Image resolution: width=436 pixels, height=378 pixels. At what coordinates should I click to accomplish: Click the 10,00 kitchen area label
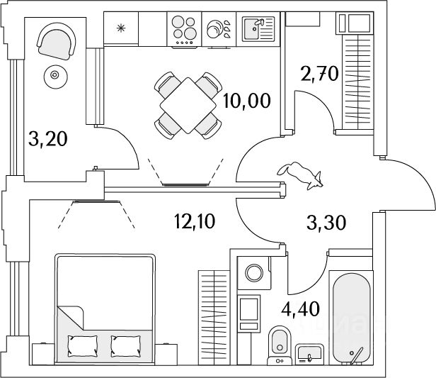(246, 101)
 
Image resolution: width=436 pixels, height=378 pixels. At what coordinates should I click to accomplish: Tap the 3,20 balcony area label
(48, 139)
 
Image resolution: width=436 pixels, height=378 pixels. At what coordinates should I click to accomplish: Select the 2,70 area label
(319, 74)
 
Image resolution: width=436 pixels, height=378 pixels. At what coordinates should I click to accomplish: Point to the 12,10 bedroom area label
(195, 221)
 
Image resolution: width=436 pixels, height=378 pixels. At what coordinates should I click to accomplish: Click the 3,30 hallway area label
(326, 223)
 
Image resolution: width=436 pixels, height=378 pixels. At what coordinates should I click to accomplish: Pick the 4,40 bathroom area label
(300, 308)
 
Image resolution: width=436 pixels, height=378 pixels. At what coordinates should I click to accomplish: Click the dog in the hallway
(301, 175)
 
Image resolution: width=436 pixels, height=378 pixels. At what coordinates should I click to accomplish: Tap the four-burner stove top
(184, 29)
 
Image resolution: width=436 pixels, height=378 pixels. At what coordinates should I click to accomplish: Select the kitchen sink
(258, 29)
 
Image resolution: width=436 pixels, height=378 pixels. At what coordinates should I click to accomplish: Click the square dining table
(188, 105)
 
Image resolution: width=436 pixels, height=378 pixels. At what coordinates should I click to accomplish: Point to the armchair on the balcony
(57, 41)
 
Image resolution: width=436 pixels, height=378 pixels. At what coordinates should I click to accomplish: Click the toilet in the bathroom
(280, 345)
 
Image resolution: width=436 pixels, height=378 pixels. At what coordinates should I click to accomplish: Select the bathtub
(352, 318)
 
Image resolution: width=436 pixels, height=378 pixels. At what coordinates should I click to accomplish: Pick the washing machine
(254, 273)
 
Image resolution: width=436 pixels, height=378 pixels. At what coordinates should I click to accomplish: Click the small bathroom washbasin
(309, 353)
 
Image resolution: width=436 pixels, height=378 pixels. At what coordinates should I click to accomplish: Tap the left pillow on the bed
(83, 346)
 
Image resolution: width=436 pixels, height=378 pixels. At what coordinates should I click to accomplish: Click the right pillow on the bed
(126, 346)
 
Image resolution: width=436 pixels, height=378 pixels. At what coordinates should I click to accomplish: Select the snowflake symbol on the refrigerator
(121, 28)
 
